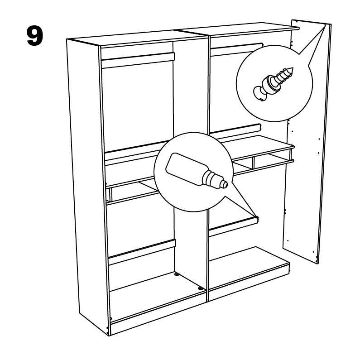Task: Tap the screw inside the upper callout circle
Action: tap(273, 84)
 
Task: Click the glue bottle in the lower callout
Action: tap(197, 171)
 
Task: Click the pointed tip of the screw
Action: tap(293, 68)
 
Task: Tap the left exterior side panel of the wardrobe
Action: tap(87, 184)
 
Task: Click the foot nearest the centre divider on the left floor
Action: tap(201, 288)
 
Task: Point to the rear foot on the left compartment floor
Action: tap(177, 274)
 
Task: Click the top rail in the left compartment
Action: tap(138, 60)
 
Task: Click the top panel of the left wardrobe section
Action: tap(138, 38)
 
